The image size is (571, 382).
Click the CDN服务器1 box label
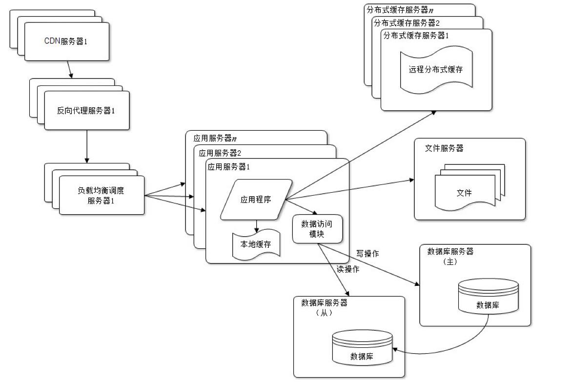(66, 41)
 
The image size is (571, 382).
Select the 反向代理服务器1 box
(86, 110)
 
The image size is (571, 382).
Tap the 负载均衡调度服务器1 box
(102, 195)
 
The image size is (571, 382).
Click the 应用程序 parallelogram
(256, 199)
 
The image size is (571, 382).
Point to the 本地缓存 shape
(255, 243)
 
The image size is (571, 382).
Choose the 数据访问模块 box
(317, 229)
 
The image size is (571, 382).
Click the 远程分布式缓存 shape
(436, 69)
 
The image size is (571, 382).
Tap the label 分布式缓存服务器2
(407, 23)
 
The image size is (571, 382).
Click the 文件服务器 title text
(444, 148)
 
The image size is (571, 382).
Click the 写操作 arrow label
(367, 254)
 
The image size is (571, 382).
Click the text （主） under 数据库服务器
(449, 261)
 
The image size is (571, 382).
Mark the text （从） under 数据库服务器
(324, 313)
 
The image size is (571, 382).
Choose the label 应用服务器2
(221, 153)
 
